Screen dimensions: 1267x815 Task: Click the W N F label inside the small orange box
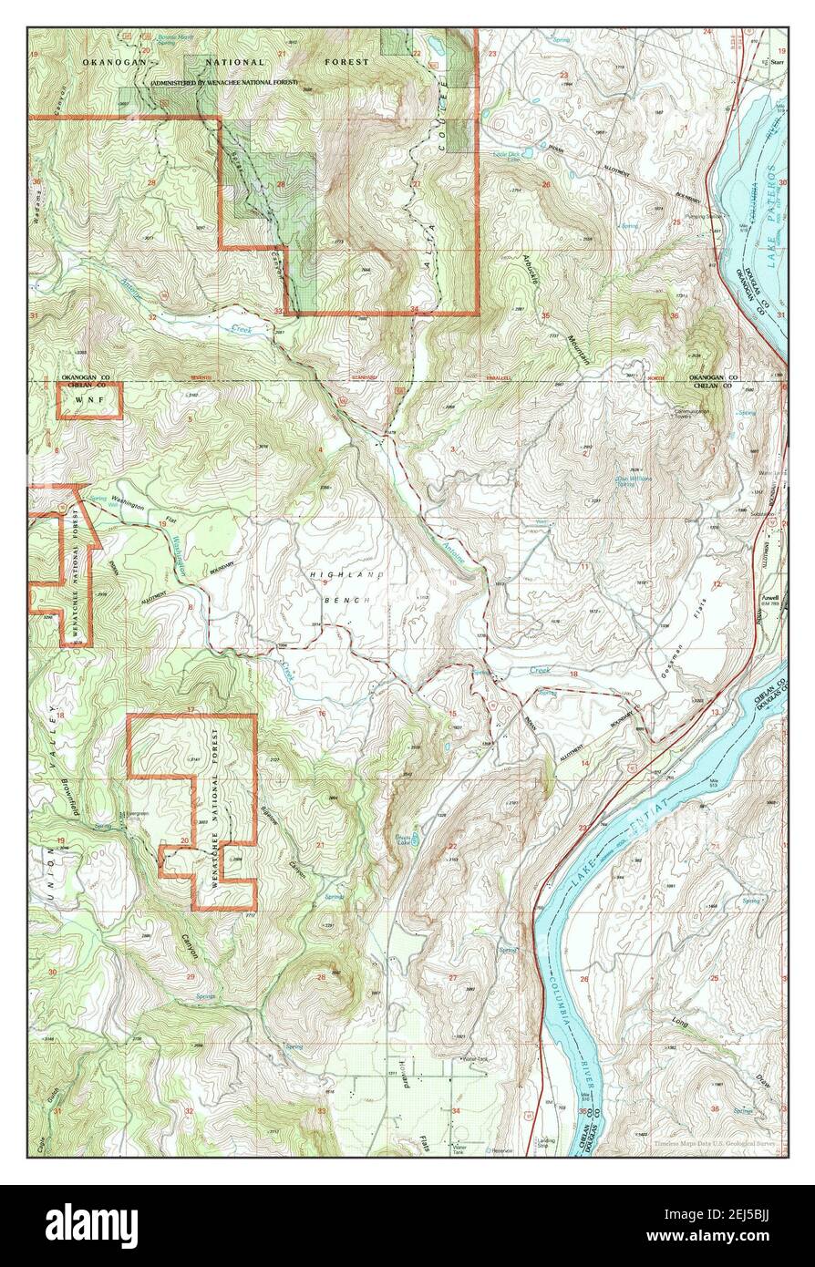(89, 400)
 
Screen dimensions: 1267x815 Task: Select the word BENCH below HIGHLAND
(345, 602)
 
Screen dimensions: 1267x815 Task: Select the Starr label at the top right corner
(776, 63)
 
